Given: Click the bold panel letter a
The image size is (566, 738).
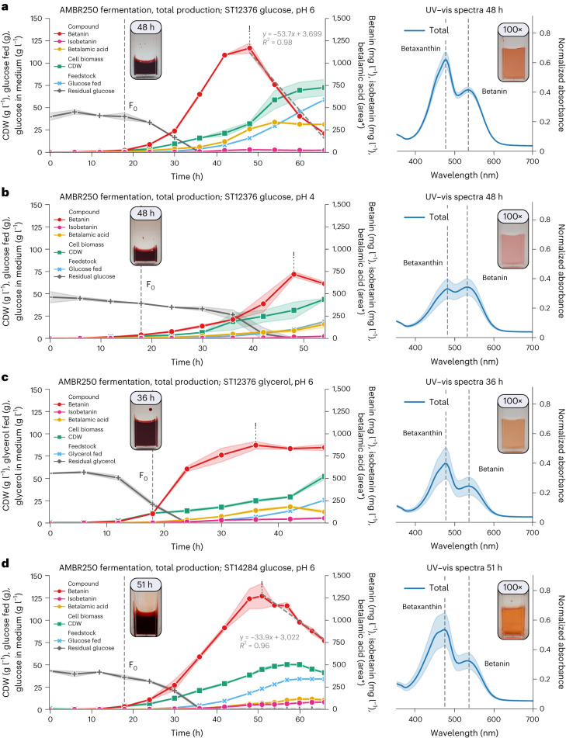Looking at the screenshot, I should coord(5,5).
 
